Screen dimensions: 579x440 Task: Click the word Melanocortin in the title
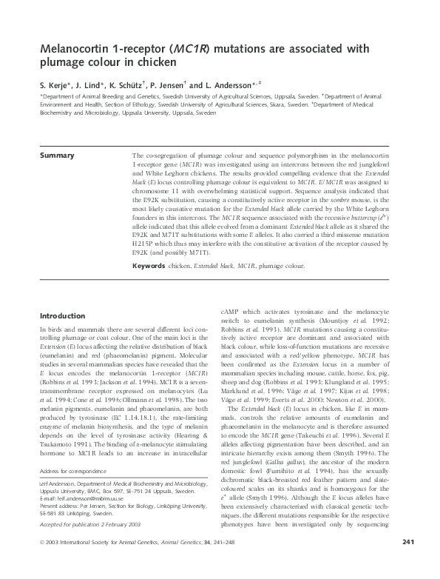[72, 49]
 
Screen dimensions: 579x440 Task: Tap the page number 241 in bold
[403, 563]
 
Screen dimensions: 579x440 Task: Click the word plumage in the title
[64, 64]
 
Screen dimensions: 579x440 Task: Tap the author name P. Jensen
[163, 87]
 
